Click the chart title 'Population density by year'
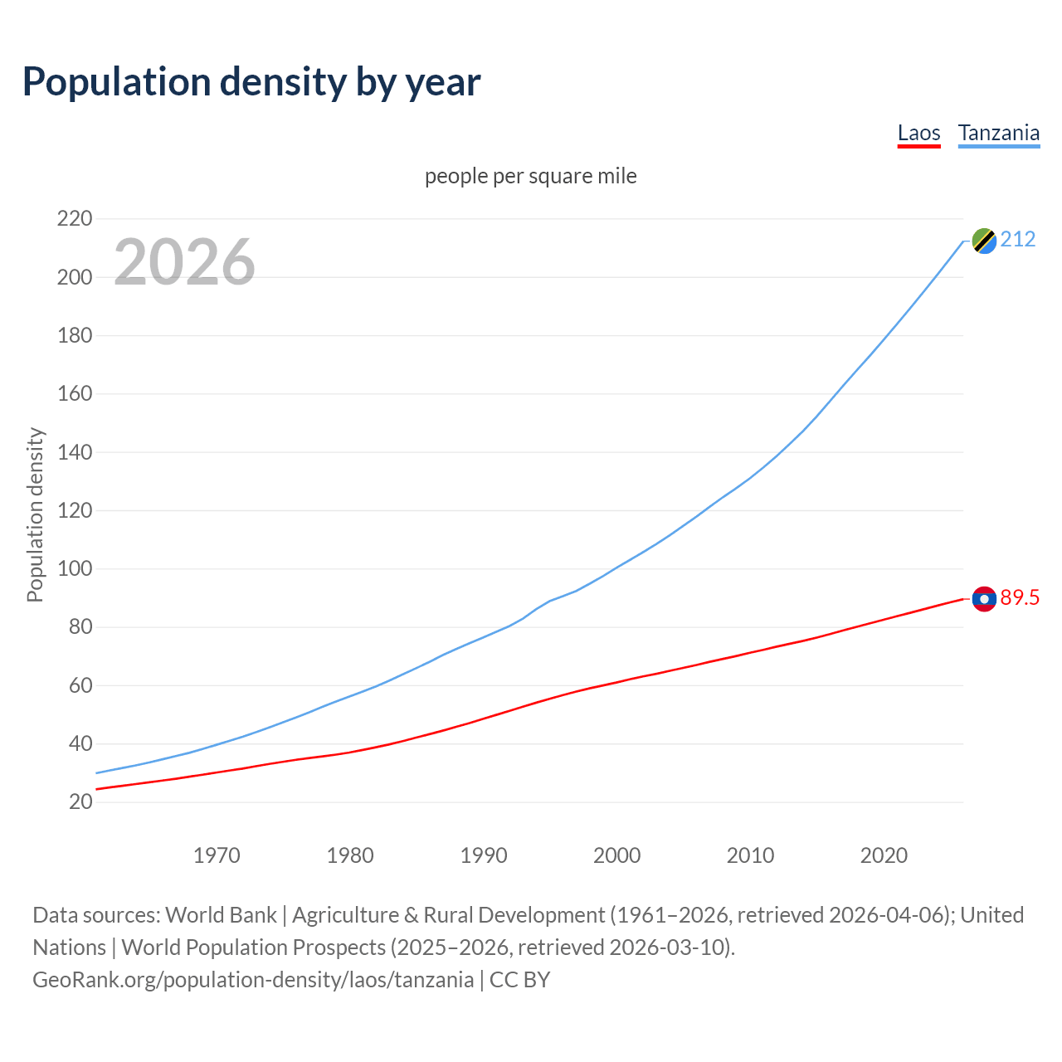251,82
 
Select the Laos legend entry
918,134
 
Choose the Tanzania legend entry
998,134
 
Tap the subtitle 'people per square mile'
530,177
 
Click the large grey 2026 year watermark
184,262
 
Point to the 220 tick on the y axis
75,219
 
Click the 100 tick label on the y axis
75,569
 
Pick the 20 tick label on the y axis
80,802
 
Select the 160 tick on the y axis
75,394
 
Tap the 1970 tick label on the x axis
217,855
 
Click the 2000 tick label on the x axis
616,855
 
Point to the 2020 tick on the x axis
884,855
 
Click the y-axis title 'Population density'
35,514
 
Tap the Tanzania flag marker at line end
984,241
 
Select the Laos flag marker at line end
984,599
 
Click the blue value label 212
1018,240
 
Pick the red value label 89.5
1020,598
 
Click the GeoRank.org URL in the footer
253,980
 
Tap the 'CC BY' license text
520,980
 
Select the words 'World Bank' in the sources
221,915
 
